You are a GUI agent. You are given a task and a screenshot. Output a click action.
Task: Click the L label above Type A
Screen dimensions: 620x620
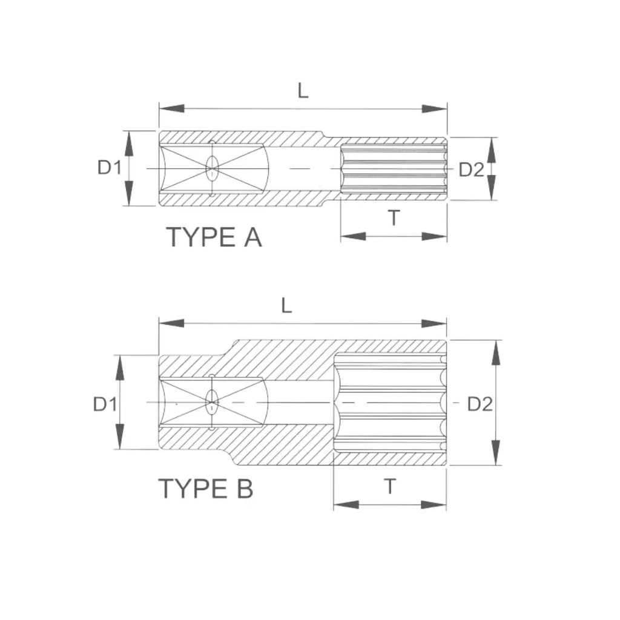click(303, 91)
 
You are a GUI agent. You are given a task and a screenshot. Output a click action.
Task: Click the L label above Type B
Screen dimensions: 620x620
click(286, 306)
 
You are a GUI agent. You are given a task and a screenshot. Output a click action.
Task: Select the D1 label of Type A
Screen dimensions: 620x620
click(109, 168)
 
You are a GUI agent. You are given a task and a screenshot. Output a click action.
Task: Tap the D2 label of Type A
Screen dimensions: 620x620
click(471, 170)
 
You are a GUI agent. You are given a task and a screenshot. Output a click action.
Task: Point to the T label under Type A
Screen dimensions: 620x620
click(394, 217)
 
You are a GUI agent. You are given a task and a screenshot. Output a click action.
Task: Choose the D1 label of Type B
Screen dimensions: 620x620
click(105, 404)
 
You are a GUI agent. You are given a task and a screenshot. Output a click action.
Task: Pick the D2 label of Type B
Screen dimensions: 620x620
click(480, 404)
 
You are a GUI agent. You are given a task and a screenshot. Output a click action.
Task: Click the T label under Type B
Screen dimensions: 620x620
click(390, 486)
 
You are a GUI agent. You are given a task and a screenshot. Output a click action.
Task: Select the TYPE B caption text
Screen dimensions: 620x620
click(206, 489)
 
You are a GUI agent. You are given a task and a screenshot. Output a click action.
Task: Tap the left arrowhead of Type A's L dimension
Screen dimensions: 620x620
click(171, 108)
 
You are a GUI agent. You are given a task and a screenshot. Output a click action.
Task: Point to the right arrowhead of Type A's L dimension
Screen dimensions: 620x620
click(434, 109)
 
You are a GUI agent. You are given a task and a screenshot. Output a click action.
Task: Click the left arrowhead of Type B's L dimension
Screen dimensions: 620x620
click(171, 323)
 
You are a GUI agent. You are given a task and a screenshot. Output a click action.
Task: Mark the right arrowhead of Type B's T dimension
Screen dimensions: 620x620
click(434, 504)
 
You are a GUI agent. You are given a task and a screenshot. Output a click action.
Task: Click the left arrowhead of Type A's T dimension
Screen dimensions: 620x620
click(354, 237)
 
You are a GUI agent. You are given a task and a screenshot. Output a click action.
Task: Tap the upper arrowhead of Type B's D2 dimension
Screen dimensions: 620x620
click(496, 353)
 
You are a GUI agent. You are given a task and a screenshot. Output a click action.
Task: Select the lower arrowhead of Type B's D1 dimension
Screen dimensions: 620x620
click(120, 437)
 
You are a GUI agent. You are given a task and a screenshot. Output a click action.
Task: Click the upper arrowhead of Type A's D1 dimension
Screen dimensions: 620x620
click(128, 143)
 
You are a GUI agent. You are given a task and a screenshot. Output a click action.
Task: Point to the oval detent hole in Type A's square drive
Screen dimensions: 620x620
click(213, 168)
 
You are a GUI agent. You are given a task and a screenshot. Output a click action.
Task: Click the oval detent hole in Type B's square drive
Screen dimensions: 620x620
click(213, 402)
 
